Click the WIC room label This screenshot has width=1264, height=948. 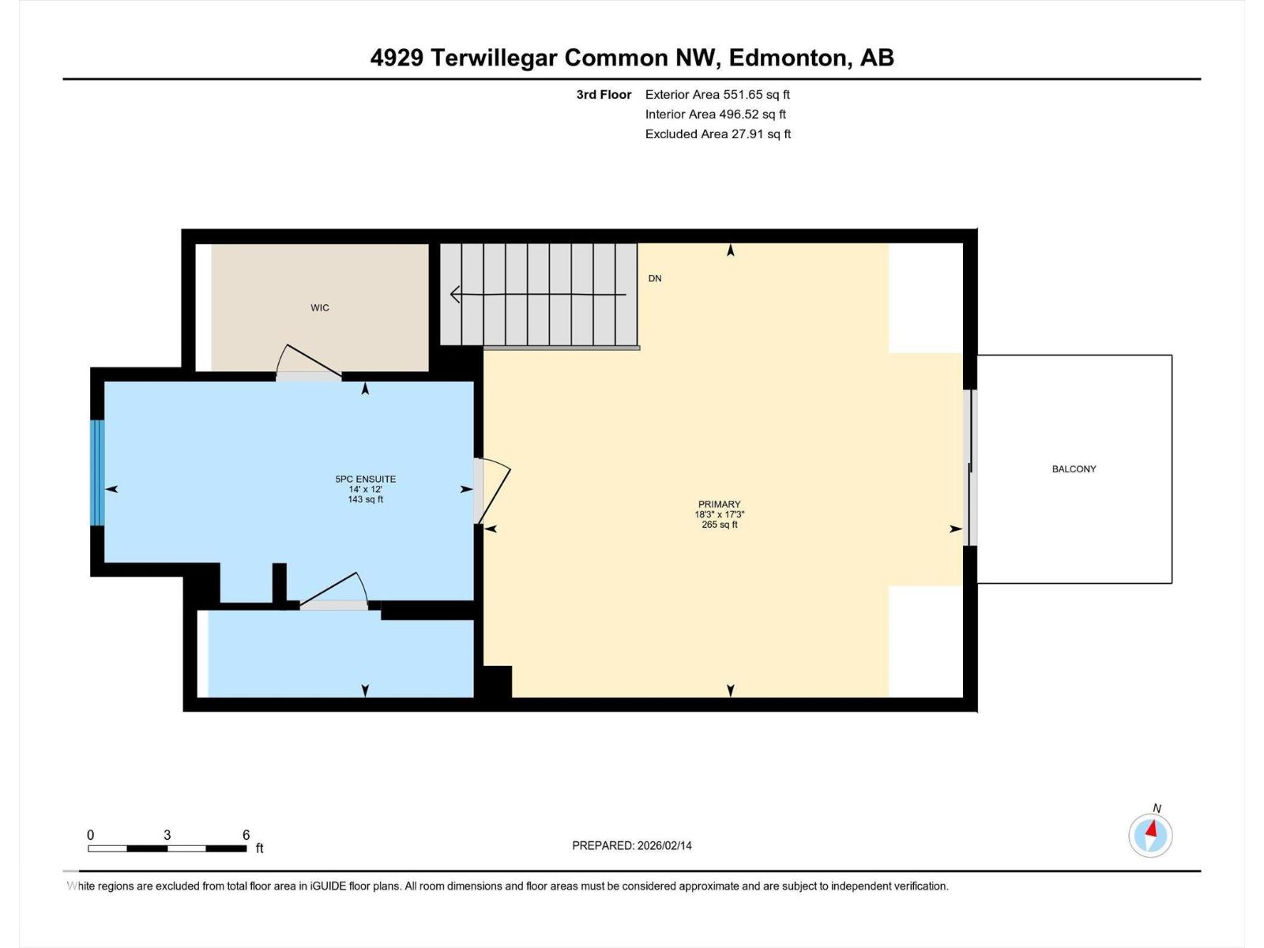pyautogui.click(x=320, y=308)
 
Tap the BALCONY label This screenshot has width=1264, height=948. pyautogui.click(x=1074, y=469)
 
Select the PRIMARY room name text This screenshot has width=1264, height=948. pyautogui.click(x=719, y=504)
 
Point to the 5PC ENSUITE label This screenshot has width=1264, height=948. pyautogui.click(x=366, y=479)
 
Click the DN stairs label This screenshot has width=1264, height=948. pyautogui.click(x=655, y=279)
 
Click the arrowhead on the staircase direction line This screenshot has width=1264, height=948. pyautogui.click(x=454, y=294)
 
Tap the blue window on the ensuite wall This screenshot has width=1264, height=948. pyautogui.click(x=97, y=472)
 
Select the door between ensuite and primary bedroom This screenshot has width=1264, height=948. pyautogui.click(x=491, y=491)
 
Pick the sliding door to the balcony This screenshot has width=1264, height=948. pyautogui.click(x=971, y=468)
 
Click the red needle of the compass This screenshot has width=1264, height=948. pyautogui.click(x=1152, y=829)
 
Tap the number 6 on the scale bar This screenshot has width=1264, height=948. pyautogui.click(x=246, y=834)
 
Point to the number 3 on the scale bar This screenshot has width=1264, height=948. pyautogui.click(x=167, y=834)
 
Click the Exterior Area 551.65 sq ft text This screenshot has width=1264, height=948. pyautogui.click(x=717, y=94)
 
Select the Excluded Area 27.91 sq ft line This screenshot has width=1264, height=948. pyautogui.click(x=718, y=134)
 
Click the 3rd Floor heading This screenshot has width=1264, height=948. pyautogui.click(x=604, y=94)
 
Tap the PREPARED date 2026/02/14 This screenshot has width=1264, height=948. pyautogui.click(x=664, y=845)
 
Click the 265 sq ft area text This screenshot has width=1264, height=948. pyautogui.click(x=719, y=525)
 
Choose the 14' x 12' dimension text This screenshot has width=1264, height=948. pyautogui.click(x=366, y=489)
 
